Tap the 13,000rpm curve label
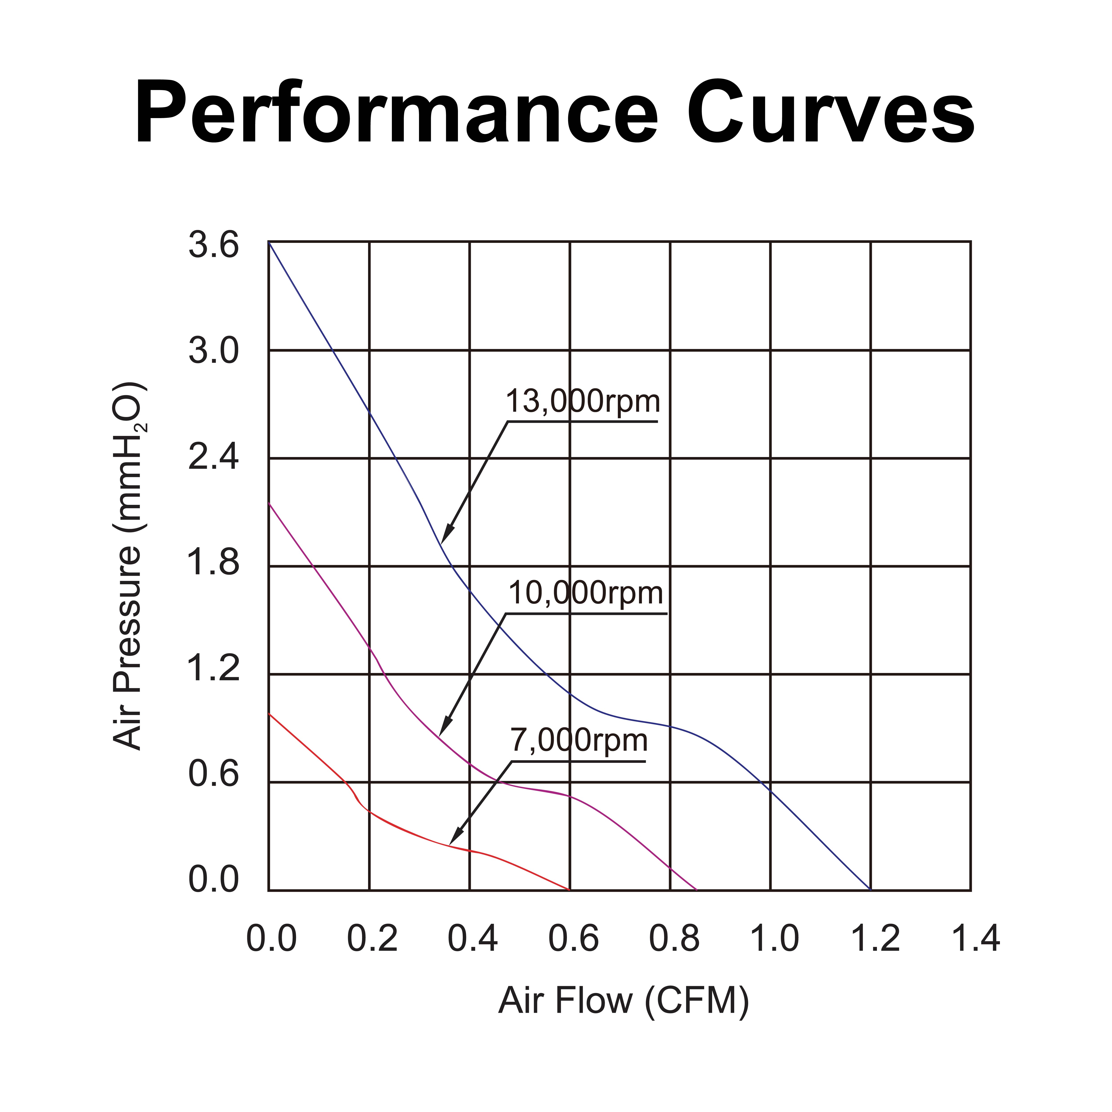coord(582,401)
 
